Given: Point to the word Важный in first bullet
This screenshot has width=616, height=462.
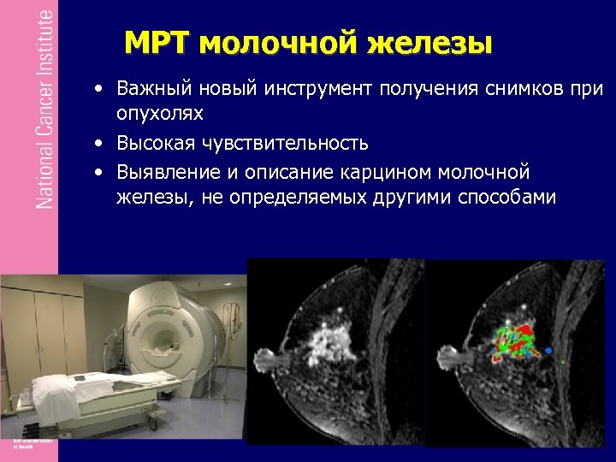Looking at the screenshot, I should (148, 89).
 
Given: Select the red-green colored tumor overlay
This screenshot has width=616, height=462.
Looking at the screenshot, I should (513, 342).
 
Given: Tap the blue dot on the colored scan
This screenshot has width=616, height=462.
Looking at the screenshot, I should (548, 351).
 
